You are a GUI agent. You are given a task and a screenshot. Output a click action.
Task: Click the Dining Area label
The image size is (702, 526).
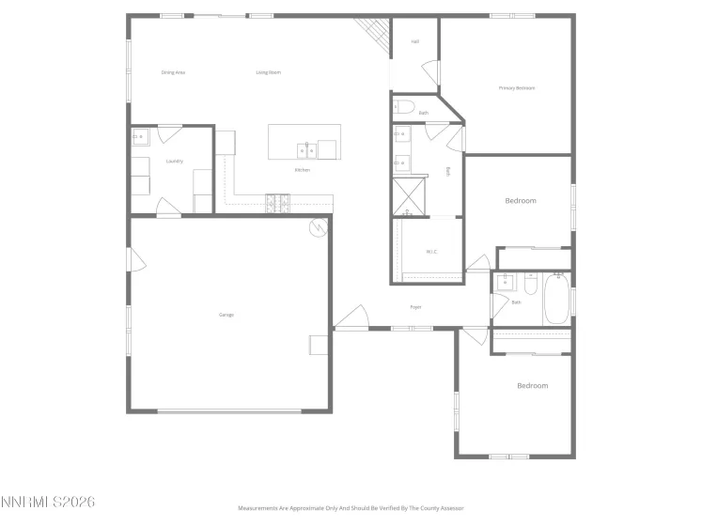[x=173, y=72]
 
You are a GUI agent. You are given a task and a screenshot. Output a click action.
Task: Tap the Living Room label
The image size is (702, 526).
[x=269, y=72]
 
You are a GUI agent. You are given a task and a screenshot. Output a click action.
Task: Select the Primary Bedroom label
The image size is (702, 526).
[x=516, y=88]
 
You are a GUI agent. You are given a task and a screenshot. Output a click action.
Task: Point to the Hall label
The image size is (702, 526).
[x=414, y=43]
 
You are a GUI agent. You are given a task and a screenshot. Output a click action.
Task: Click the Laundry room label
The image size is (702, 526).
[x=174, y=162]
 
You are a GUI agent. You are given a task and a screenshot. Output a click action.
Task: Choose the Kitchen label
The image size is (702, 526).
[x=302, y=170]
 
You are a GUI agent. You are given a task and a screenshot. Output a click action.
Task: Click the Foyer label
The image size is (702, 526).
[x=415, y=307]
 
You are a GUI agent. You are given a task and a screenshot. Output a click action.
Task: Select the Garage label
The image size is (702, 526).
[x=226, y=315]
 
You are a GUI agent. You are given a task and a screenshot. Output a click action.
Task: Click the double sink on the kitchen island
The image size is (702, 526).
[x=306, y=148]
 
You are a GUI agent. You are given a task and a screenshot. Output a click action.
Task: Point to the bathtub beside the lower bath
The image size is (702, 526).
[x=556, y=299]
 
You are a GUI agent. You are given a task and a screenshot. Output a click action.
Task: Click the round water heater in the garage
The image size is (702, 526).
[x=319, y=226]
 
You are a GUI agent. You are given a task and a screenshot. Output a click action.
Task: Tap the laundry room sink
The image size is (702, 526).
[x=138, y=138]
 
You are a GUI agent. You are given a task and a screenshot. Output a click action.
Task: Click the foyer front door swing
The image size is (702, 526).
[x=351, y=319]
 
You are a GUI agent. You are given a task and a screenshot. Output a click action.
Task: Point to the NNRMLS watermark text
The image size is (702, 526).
[x=48, y=503]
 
